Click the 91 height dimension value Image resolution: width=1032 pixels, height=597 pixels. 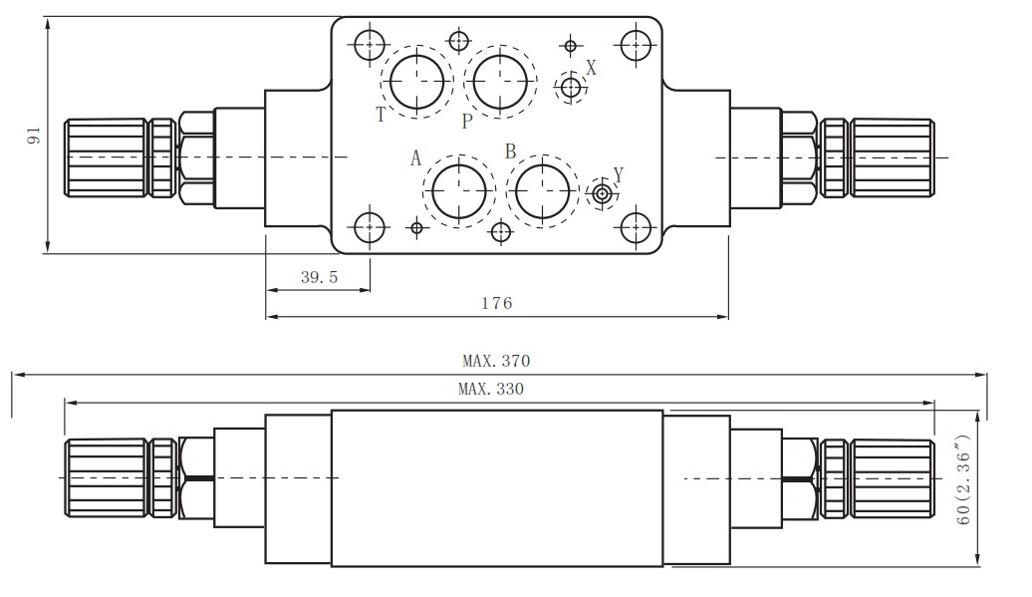pos(33,137)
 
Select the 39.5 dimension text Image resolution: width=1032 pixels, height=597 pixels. pos(319,278)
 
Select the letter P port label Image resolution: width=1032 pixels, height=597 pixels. pos(466,122)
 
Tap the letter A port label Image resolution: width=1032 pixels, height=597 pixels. pos(416,157)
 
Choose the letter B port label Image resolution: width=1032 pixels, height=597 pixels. pos(510,151)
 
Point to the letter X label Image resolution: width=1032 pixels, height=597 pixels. pos(591,68)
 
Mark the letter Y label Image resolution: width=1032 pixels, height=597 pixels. pos(618,175)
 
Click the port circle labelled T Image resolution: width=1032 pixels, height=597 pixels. pos(415,81)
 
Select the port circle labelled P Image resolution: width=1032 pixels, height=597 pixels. pos(499,80)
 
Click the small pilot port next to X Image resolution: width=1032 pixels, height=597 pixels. pos(570,88)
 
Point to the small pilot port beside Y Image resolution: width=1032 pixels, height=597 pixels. pos(602,193)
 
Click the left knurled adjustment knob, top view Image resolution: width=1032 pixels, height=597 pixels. pos(106,157)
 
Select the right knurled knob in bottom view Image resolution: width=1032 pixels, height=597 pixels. pos(894,478)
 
